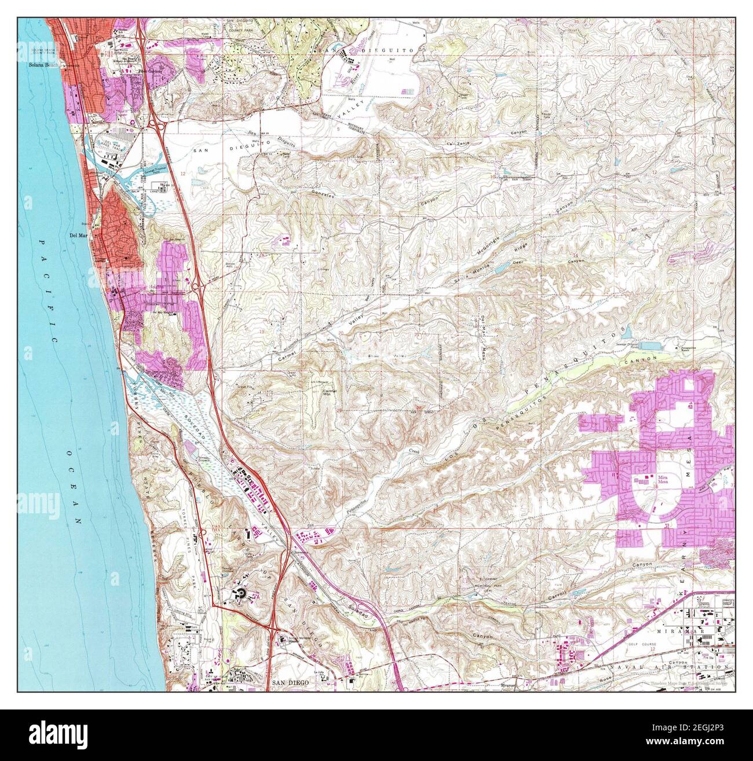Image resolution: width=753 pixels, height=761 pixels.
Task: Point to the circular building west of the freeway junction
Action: click(239, 593)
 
